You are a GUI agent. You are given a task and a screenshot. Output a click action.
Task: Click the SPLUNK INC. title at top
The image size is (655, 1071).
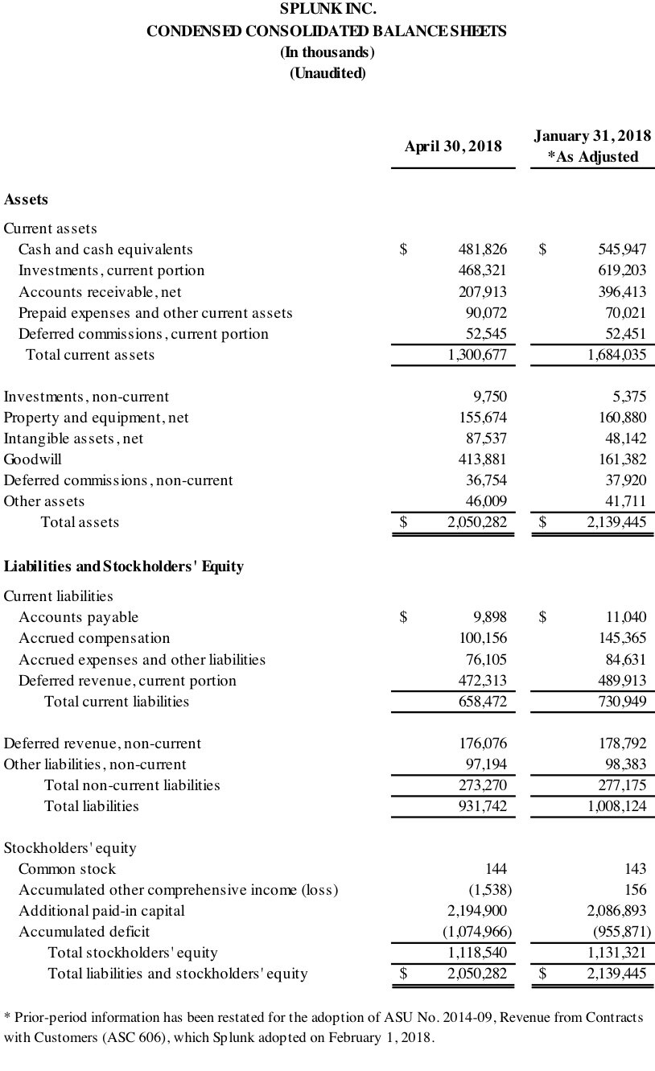coord(327,10)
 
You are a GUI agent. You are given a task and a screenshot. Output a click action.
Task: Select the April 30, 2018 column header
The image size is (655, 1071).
coord(452,146)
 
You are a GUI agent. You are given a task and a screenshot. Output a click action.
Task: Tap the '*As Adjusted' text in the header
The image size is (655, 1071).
coord(592,157)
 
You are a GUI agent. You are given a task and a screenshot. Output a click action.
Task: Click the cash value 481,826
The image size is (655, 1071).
coord(482,249)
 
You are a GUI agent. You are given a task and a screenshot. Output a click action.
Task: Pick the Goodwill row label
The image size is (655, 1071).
coord(33,459)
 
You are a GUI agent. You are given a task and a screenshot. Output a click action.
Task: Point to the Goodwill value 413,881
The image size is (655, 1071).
coord(482,459)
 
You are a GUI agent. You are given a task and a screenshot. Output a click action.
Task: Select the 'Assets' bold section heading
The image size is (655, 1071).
coord(26,199)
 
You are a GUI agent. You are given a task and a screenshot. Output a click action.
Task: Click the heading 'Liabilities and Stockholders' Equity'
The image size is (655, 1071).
coord(124,566)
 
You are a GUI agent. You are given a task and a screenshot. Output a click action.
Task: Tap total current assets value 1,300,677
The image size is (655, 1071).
coord(477,354)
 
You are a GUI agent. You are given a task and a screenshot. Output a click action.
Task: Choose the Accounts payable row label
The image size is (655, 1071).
coord(78,617)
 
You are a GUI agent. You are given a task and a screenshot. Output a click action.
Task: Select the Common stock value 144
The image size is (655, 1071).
coord(496,869)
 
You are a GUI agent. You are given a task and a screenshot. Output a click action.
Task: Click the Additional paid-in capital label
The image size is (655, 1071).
coord(101,911)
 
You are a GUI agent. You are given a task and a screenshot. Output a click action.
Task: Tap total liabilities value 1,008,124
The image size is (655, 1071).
coord(616,805)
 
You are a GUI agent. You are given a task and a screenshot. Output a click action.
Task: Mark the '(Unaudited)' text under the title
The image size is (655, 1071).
coord(327,73)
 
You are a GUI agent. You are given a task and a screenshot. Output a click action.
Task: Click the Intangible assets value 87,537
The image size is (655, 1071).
coord(485,439)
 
